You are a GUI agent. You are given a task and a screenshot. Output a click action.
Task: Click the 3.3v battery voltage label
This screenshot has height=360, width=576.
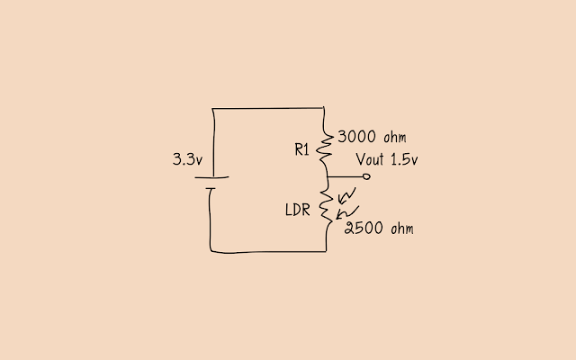[186, 160]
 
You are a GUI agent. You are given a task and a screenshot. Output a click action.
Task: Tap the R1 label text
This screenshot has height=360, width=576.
[302, 150]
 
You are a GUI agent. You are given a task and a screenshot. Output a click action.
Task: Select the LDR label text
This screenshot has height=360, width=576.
[299, 211]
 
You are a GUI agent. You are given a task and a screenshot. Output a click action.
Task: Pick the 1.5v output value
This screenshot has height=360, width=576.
[407, 160]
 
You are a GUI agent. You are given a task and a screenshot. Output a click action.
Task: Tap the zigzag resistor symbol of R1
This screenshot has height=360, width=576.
[325, 147]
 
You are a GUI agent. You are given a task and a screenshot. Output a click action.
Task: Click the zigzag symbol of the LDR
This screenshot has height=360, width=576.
[325, 209]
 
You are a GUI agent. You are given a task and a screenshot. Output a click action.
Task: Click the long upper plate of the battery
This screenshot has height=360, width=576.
[211, 177]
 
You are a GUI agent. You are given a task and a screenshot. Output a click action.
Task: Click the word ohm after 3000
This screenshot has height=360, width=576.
[396, 138]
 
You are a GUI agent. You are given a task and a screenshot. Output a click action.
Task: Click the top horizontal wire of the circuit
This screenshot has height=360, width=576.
[267, 109]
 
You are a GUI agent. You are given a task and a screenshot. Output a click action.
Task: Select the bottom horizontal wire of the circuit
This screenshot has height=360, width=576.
[267, 251]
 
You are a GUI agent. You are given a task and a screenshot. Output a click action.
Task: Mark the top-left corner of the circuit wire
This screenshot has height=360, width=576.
[211, 110]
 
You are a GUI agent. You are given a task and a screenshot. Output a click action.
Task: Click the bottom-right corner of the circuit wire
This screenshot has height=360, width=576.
[325, 251]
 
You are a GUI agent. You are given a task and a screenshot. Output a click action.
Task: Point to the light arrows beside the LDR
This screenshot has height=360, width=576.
[346, 204]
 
